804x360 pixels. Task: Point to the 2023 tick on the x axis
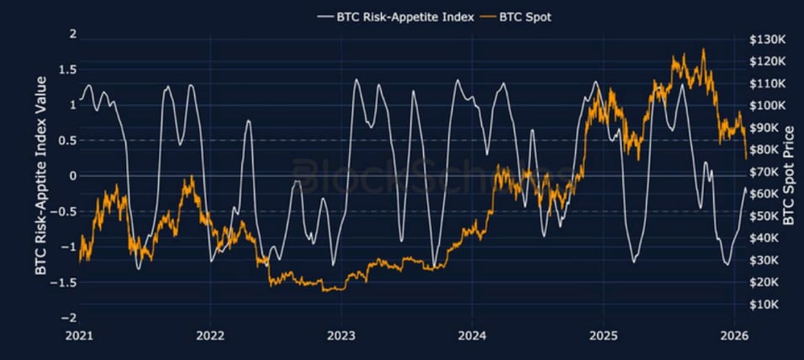click(341, 335)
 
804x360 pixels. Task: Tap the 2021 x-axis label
click(80, 335)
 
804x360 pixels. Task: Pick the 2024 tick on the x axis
click(472, 335)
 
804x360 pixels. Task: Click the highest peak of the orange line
click(703, 50)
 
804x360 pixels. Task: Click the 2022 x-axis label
click(210, 335)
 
